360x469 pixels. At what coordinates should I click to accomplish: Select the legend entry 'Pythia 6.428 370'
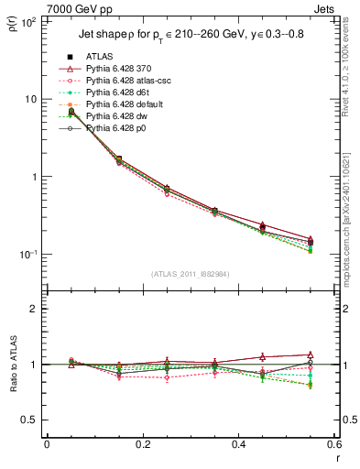(120, 69)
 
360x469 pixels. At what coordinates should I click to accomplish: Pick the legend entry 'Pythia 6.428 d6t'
(118, 93)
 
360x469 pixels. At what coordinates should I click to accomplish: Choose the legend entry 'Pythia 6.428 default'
(124, 104)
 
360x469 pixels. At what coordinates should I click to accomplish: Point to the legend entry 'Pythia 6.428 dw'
(117, 116)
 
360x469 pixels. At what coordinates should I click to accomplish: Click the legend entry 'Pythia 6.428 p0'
(117, 128)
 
